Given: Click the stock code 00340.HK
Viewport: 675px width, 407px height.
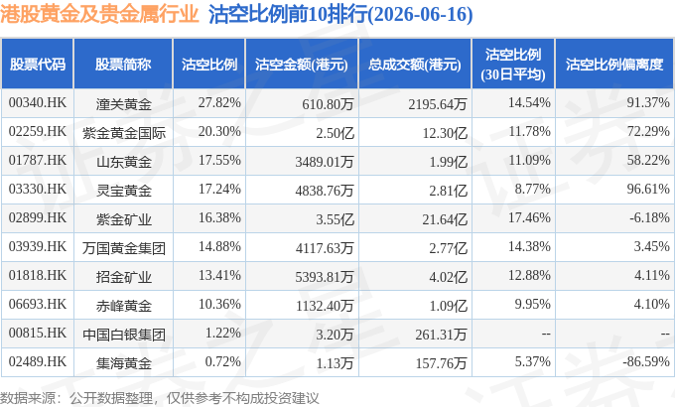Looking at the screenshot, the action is pos(38,103).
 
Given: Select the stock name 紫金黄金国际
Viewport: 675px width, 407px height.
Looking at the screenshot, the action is pos(124,133).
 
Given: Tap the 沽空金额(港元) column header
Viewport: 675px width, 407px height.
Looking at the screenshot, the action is pos(302,65).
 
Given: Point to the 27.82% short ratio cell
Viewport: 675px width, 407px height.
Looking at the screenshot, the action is pos(219,103).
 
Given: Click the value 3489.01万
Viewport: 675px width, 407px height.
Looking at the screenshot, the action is pos(325,162).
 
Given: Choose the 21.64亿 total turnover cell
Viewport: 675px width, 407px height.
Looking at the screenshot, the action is pos(445,219).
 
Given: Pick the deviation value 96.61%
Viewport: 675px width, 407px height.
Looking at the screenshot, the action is pos(648,189).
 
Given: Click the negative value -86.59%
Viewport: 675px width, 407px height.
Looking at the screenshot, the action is pos(646,361).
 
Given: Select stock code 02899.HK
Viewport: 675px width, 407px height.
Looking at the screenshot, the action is pos(38,218).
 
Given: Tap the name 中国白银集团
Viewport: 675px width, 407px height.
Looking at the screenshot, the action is pos(124,335).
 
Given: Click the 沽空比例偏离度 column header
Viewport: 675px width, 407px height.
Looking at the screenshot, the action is pos(614,65).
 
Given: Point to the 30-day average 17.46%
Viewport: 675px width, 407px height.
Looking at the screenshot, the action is pos(529,218).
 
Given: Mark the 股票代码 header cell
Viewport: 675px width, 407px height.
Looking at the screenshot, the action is pos(38,65).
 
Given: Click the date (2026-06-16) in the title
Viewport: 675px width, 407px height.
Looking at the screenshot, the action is pos(421,14).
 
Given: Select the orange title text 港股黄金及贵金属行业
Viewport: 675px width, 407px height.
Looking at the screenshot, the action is pos(99,14).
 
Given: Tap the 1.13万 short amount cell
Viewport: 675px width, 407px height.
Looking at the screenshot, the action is pos(335,363).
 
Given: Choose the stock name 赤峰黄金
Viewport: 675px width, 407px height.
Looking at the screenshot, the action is pos(124,306).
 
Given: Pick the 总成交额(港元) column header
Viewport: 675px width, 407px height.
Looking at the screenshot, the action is pos(415,65).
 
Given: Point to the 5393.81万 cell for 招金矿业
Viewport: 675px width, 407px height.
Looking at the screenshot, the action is pos(325,277).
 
